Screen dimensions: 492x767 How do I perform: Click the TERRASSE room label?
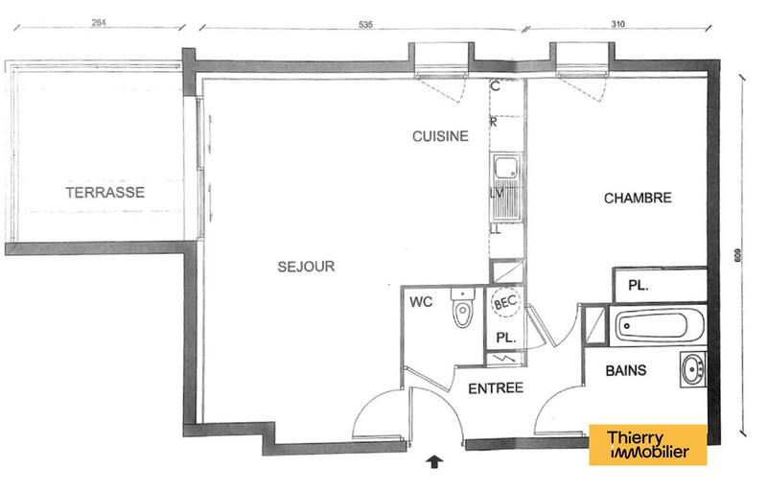point(105,193)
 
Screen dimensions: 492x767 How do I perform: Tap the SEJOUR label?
point(306,267)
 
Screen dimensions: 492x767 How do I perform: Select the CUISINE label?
point(440,136)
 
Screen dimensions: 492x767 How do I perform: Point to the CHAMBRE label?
point(638,199)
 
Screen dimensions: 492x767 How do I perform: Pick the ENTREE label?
point(495,388)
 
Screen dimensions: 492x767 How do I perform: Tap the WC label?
point(423,302)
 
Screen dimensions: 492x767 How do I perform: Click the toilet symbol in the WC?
point(463,309)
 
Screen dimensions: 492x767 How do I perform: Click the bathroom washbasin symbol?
point(692,368)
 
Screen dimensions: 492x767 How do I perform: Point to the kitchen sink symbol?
point(503,172)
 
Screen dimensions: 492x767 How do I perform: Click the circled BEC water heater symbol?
point(505,302)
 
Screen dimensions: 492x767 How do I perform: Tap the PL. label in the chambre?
point(638,286)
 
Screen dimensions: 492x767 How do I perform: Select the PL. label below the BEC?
point(505,338)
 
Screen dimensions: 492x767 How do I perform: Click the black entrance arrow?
point(436,462)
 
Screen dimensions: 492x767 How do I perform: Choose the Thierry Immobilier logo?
point(647,445)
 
